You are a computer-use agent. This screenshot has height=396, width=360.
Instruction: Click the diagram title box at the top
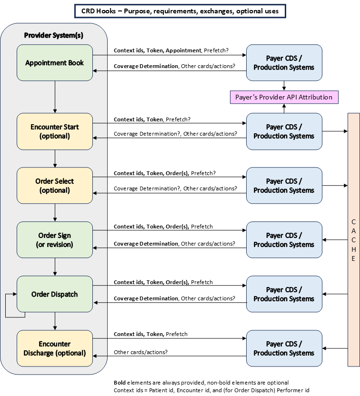tap(180, 11)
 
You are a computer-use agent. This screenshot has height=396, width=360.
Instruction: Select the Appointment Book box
tap(55, 63)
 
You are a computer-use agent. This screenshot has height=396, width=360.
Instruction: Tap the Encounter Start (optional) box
tap(55, 131)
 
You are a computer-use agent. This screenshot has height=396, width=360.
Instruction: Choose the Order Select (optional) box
tap(55, 186)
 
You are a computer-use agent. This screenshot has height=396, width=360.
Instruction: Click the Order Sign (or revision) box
tap(55, 240)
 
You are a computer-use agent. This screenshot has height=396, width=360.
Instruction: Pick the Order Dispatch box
tap(55, 294)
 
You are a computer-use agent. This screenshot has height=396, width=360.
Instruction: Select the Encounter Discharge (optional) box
tap(55, 348)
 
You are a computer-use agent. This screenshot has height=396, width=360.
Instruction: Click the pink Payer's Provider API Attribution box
tap(284, 97)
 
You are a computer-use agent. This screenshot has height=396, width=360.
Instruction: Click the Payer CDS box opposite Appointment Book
tap(284, 63)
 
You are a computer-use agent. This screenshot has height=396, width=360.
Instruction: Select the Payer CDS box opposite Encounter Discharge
tap(284, 348)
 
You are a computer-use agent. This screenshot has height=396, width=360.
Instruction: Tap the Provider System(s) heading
tap(53, 35)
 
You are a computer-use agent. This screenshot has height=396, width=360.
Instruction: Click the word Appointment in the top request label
tap(184, 50)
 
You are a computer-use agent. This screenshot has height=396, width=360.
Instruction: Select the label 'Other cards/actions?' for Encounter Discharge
tap(140, 352)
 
